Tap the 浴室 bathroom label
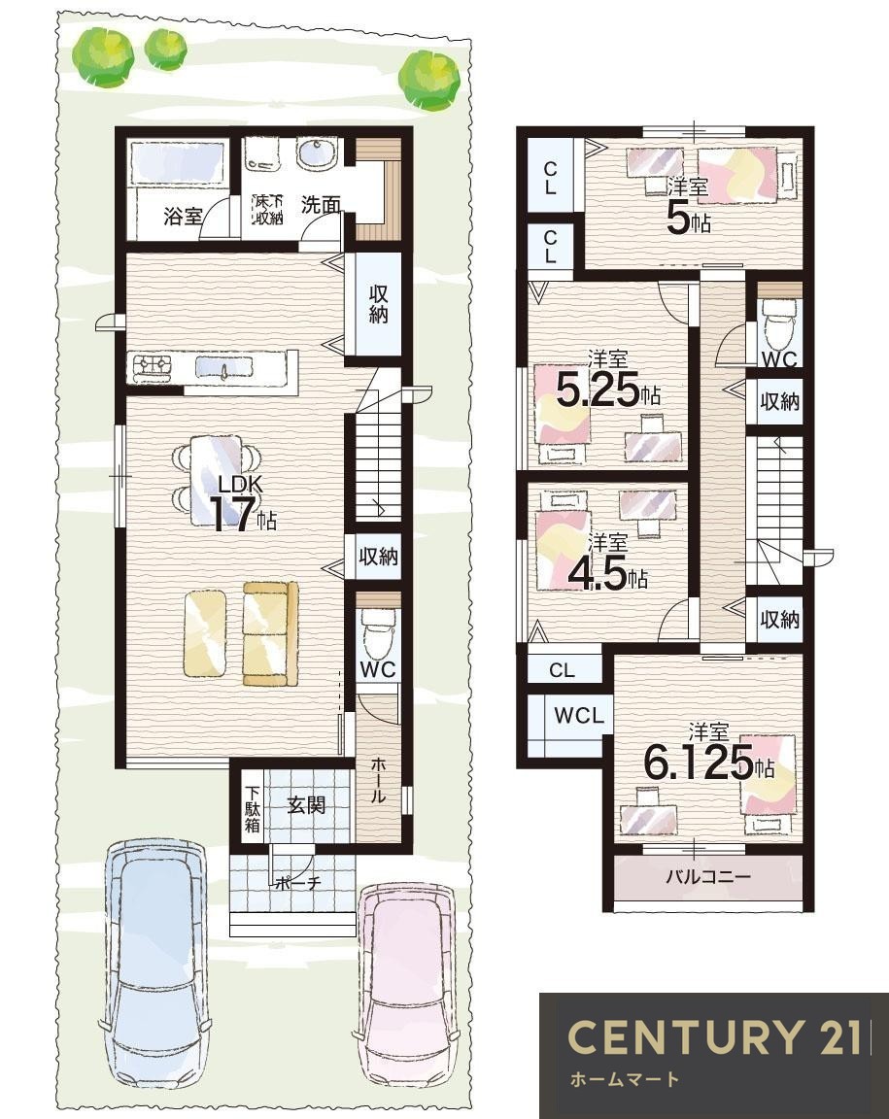coord(183,216)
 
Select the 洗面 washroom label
coord(320,206)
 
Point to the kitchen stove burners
coord(153,366)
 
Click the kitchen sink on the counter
coord(225,367)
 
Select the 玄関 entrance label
coord(306,805)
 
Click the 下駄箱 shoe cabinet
coord(253,807)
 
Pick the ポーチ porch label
coord(297,884)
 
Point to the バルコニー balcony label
coord(708,875)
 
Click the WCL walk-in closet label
coord(579,714)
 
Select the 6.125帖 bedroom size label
coord(708,763)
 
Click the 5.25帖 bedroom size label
coord(607,390)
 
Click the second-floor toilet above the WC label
coord(778,323)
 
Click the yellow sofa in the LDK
coord(270,633)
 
